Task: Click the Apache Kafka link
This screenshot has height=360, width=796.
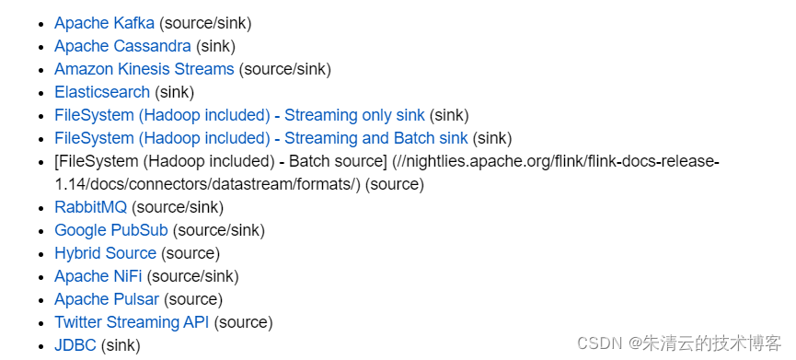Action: coord(104,23)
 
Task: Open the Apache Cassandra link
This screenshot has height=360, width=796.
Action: coord(123,46)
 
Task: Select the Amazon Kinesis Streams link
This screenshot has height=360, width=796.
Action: coord(144,69)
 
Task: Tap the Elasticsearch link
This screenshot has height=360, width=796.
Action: coord(102,92)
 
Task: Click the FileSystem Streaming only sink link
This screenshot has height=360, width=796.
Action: coord(239,115)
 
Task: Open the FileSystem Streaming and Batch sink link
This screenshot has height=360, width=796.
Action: coord(261,138)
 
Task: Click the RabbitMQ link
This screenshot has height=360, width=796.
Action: coord(90,207)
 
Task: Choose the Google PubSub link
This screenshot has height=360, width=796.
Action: coord(111,230)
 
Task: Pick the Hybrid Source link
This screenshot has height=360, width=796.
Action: coord(105,253)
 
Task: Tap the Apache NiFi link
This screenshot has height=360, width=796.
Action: coord(98,276)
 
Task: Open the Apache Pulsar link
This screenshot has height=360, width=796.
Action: coord(107,299)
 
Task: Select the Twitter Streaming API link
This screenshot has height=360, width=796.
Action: coord(132,322)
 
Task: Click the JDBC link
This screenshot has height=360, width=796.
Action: coord(75,345)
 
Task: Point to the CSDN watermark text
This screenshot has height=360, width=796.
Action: coord(679,343)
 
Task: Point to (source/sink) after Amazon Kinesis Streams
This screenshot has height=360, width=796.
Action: coord(285,69)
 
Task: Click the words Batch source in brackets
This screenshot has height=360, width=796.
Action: coord(338,161)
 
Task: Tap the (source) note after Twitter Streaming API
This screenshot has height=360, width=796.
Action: coord(243,322)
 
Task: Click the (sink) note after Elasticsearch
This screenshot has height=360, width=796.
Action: coord(175,92)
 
